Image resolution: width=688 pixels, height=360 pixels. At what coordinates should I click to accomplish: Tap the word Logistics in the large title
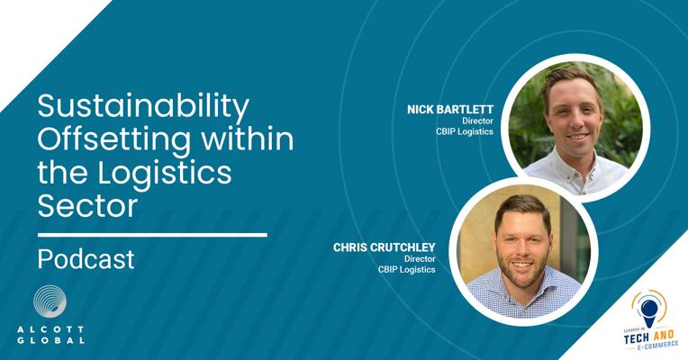coord(165,173)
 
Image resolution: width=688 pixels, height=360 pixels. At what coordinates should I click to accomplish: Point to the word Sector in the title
coord(87,206)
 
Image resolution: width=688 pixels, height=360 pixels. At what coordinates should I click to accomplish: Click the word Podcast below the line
coord(86,258)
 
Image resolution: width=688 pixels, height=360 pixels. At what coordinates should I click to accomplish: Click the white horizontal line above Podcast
coord(152,235)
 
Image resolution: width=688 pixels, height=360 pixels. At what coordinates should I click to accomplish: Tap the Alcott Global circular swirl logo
coord(50,301)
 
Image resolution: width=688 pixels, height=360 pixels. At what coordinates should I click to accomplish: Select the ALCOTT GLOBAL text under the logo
coord(50,335)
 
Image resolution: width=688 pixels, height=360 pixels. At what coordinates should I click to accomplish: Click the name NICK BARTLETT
coord(450,110)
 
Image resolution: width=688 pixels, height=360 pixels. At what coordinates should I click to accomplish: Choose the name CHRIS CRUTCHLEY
coord(384,247)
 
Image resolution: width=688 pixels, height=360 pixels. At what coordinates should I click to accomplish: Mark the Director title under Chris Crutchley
coord(420,258)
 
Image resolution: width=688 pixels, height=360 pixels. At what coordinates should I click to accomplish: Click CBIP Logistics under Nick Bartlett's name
coord(465,131)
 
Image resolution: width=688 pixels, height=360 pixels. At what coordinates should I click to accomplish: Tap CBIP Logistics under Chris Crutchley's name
coord(407,269)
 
